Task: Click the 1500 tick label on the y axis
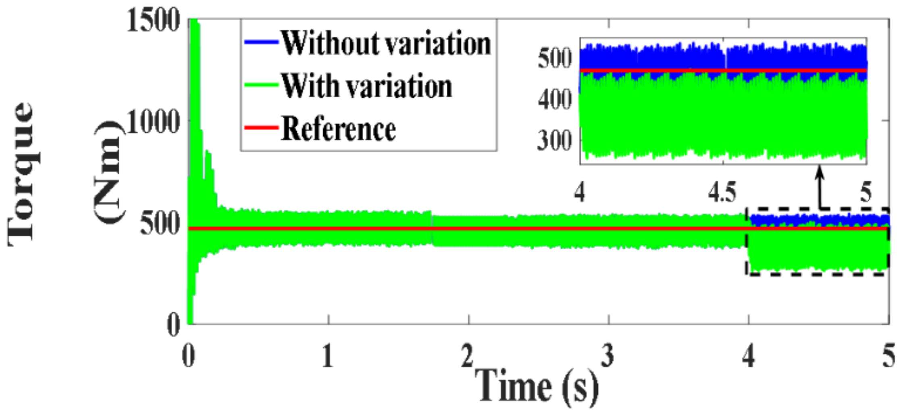click(x=152, y=21)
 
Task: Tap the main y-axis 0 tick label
click(x=174, y=325)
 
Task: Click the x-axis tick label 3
click(x=608, y=357)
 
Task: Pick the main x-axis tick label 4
click(x=748, y=357)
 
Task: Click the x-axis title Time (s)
click(x=536, y=387)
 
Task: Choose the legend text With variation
click(x=366, y=86)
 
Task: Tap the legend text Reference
click(x=338, y=129)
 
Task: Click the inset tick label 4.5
click(x=722, y=193)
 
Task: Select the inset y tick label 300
click(x=555, y=141)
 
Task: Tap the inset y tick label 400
click(x=555, y=99)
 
